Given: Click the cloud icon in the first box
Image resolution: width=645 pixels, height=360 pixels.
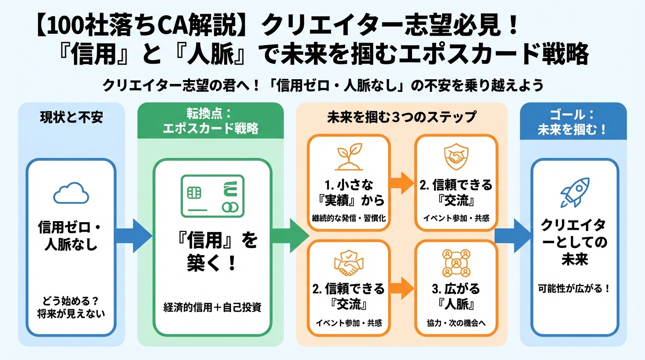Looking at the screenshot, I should click(71, 192).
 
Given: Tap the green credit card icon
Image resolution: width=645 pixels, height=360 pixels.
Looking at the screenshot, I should click(212, 197).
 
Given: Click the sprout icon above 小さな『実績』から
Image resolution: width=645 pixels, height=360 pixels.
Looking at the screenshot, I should click(348, 158).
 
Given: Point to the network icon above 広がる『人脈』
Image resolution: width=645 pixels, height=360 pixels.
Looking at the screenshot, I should click(456, 263).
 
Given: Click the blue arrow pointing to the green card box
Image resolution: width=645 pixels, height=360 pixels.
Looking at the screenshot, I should click(133, 235).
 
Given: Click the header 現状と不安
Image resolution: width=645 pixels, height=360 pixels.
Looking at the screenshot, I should click(71, 118).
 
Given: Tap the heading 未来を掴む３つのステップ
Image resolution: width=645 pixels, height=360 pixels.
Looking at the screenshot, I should click(402, 116).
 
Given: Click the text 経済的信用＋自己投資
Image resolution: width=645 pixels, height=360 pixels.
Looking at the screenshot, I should click(212, 308).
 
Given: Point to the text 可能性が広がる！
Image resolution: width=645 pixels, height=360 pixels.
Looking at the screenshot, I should click(574, 289).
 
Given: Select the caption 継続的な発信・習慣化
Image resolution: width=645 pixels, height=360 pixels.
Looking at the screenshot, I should click(348, 218).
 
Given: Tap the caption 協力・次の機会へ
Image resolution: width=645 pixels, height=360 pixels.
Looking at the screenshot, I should click(456, 323).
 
